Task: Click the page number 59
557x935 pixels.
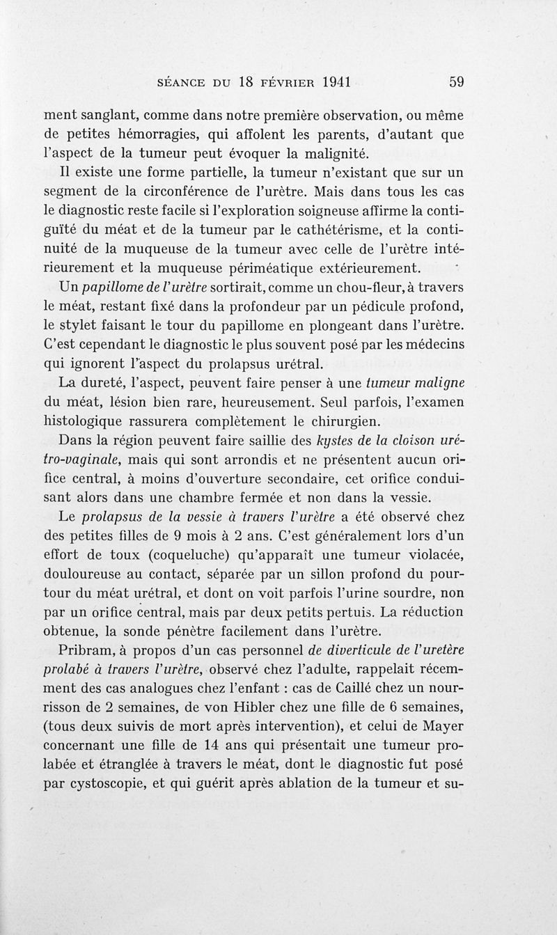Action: [457, 81]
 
